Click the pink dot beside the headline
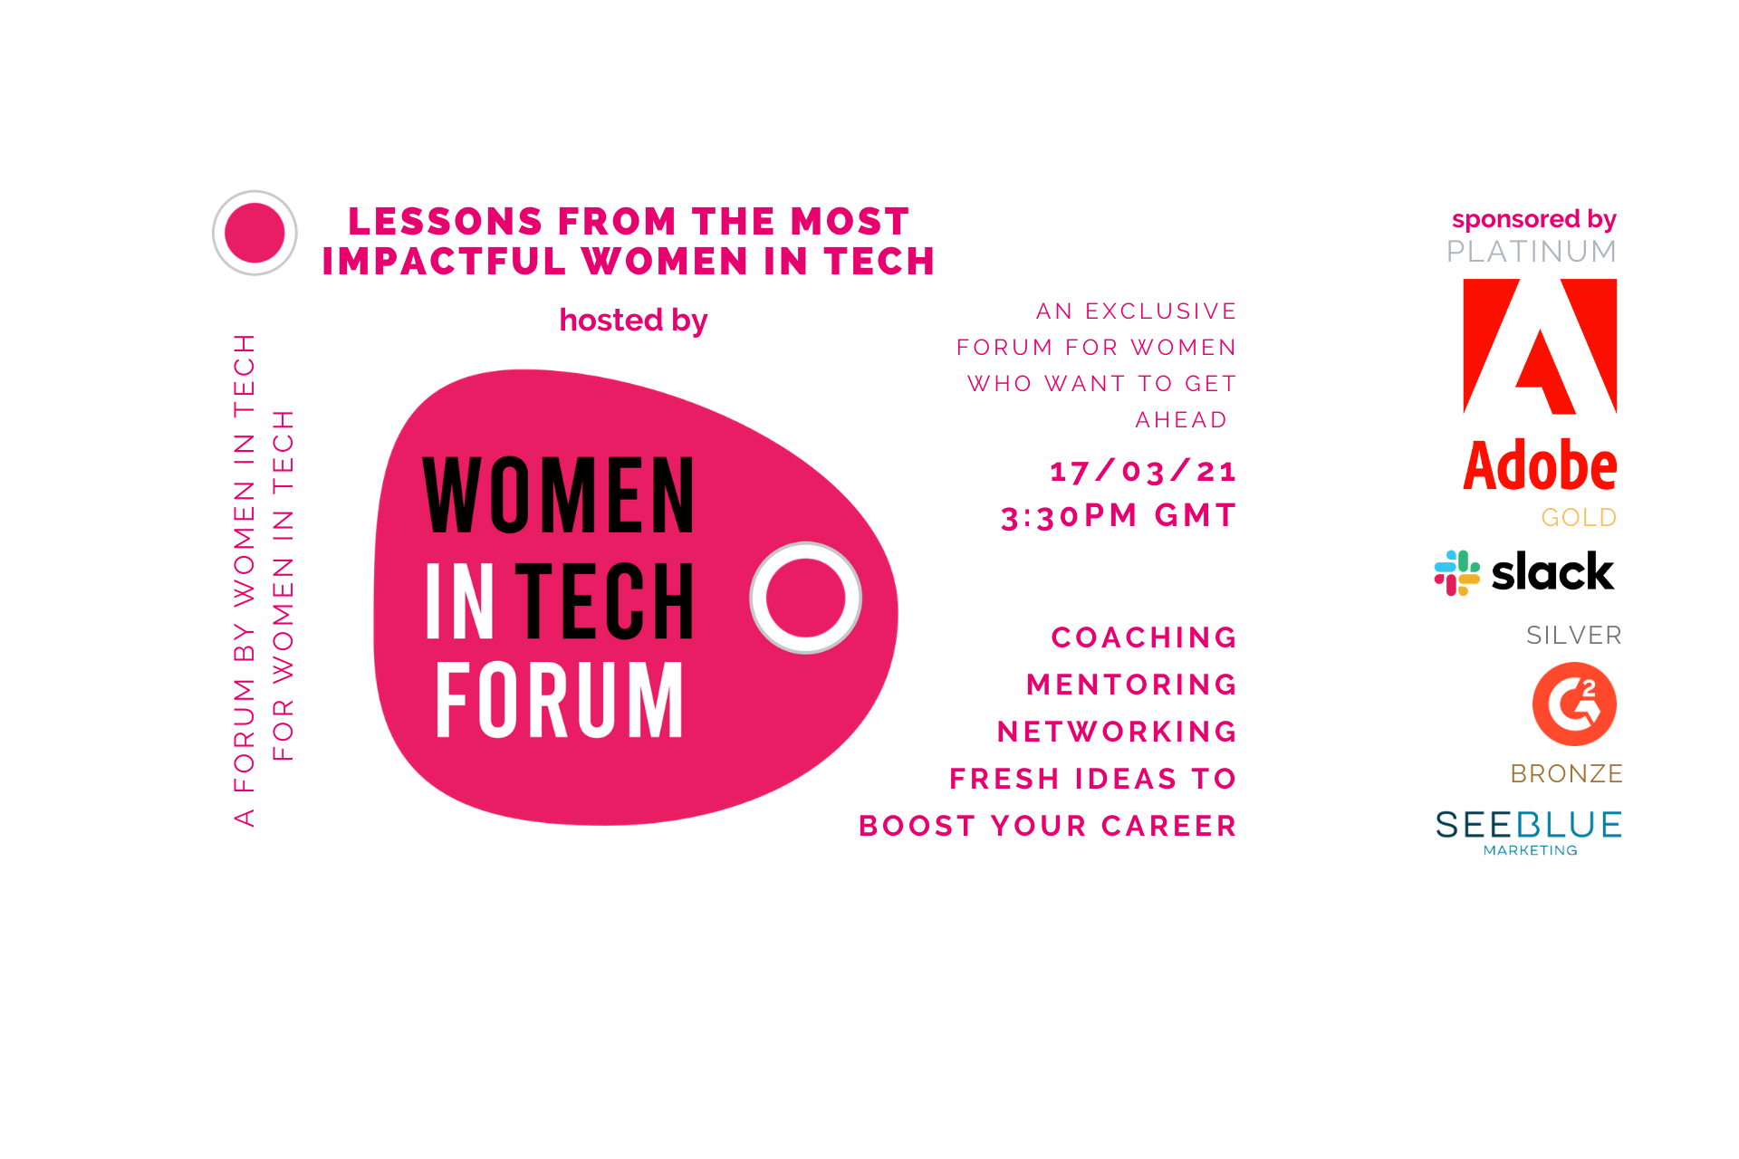tap(255, 233)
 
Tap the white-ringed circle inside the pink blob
tap(805, 598)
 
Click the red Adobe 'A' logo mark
tap(1540, 346)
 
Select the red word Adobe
tap(1540, 466)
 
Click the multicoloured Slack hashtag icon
tap(1456, 573)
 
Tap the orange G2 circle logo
tap(1574, 704)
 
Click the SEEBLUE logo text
tap(1528, 825)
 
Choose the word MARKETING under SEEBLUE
tap(1531, 850)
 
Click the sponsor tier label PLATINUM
tap(1532, 251)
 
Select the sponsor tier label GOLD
tap(1579, 517)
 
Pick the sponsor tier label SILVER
tap(1574, 635)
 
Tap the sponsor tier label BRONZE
tap(1566, 773)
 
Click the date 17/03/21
tap(1143, 471)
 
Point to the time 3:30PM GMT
tap(1119, 515)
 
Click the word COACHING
tap(1144, 637)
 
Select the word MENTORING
tap(1131, 685)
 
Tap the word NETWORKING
tap(1117, 732)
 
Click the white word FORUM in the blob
tap(559, 699)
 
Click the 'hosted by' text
tap(633, 321)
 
